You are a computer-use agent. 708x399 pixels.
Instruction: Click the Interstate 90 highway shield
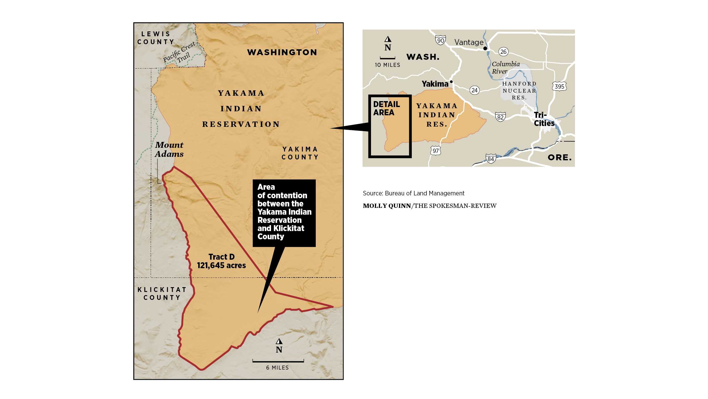click(x=440, y=40)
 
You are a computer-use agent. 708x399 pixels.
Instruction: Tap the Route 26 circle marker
click(x=503, y=52)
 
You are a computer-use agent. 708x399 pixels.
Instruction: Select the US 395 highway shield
click(x=559, y=86)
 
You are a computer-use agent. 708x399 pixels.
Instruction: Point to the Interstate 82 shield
click(x=500, y=117)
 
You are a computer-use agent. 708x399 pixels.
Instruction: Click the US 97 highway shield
click(x=436, y=151)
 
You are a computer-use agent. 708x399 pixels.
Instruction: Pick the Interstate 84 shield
click(x=491, y=159)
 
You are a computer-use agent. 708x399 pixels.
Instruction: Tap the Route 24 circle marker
click(x=474, y=90)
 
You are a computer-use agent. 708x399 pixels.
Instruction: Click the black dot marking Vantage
click(x=485, y=48)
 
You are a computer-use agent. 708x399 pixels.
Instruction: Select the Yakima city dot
click(x=451, y=82)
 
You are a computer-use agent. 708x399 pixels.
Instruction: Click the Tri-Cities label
click(x=544, y=119)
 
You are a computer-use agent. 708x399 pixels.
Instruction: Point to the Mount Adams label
click(x=169, y=149)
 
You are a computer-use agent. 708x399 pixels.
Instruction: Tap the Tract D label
click(x=221, y=257)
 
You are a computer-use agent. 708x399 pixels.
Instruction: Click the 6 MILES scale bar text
click(x=277, y=368)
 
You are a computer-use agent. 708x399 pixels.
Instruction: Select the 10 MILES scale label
click(x=387, y=65)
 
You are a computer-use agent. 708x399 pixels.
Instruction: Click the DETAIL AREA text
click(x=386, y=108)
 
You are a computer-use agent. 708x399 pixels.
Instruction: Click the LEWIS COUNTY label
click(x=155, y=38)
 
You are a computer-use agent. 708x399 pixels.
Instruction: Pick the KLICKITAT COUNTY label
click(x=162, y=293)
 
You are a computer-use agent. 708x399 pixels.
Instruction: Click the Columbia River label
click(x=505, y=67)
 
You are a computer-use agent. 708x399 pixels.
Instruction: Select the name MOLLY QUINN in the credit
click(x=387, y=206)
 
